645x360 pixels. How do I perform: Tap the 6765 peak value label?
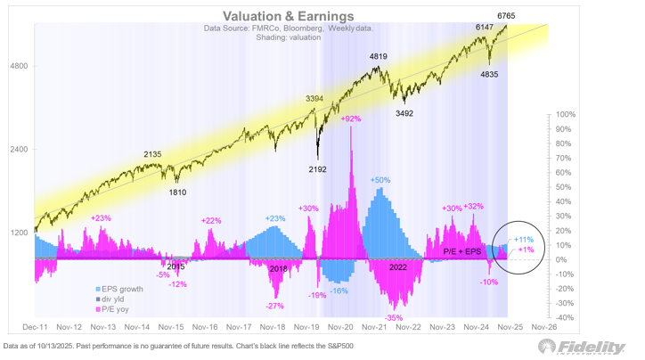(510, 15)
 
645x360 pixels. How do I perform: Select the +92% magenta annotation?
(351, 119)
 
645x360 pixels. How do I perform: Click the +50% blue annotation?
(381, 180)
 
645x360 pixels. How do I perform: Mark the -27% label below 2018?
(274, 306)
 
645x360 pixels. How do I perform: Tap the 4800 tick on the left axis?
(18, 66)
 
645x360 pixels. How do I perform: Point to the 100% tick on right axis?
(567, 114)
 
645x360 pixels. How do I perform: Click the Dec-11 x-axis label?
(35, 327)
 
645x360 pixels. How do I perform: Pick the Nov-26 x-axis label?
(544, 327)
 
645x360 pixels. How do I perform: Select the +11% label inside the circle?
(524, 240)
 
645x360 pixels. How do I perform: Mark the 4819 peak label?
(379, 56)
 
